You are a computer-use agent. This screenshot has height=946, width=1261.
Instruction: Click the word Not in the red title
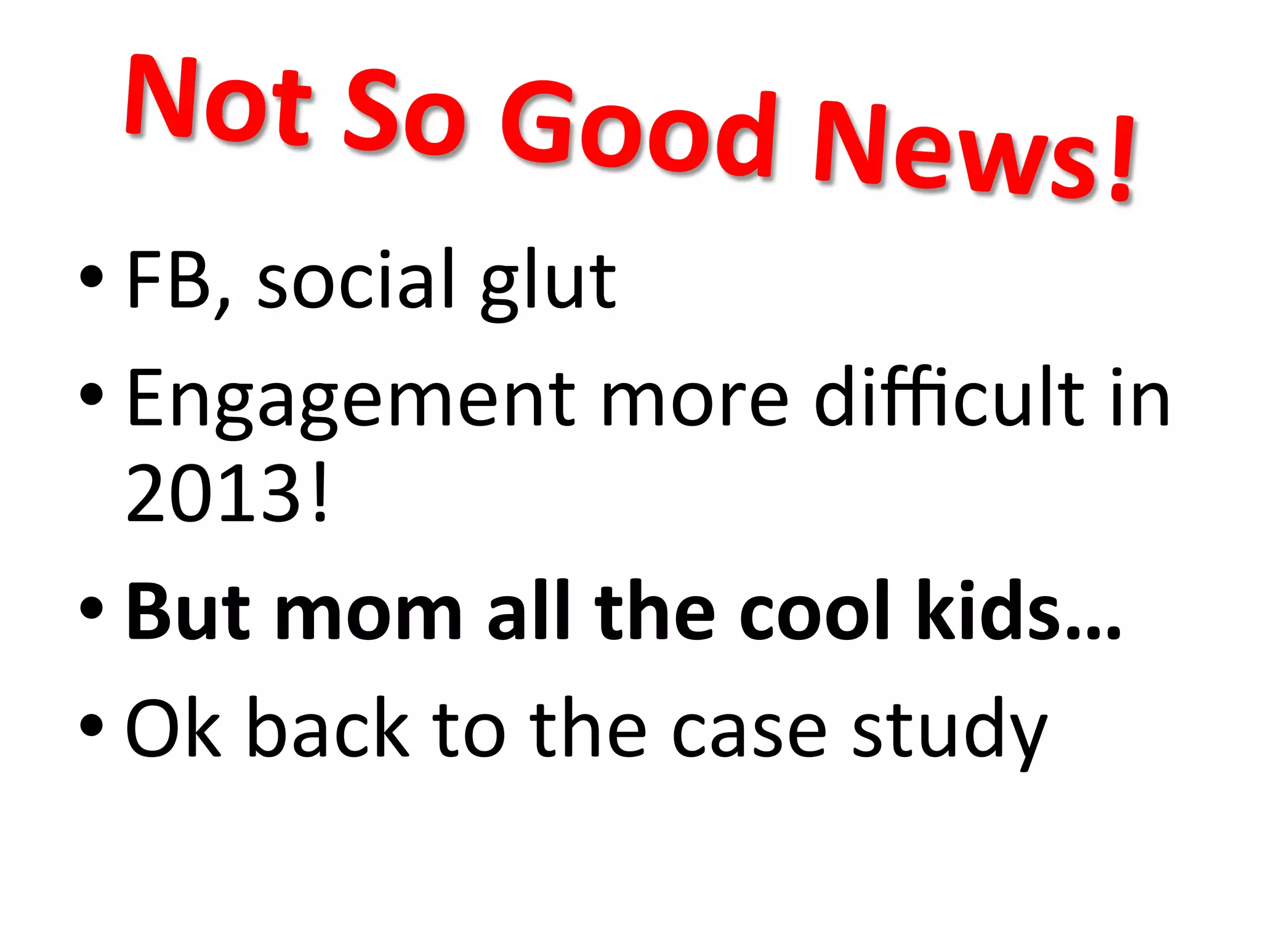(x=219, y=102)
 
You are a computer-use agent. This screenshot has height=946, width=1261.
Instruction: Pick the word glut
(x=548, y=283)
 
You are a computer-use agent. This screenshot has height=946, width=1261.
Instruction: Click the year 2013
(x=212, y=493)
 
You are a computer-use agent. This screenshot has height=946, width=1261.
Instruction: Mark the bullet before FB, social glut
(x=91, y=277)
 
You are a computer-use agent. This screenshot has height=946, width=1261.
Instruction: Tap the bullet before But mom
(x=91, y=607)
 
